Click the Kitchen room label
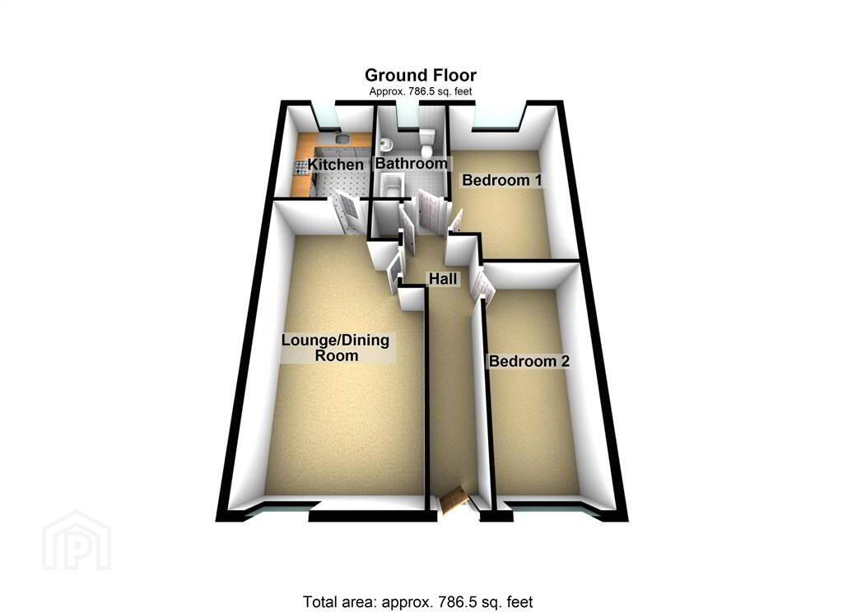[336, 165]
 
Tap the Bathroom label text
[412, 164]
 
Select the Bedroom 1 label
[501, 180]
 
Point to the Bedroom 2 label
[529, 361]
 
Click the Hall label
[443, 278]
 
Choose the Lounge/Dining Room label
[336, 348]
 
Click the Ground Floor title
[421, 75]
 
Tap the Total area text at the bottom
[417, 602]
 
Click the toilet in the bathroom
[428, 141]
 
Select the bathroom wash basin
[385, 144]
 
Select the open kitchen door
[348, 211]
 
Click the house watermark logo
[77, 540]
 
